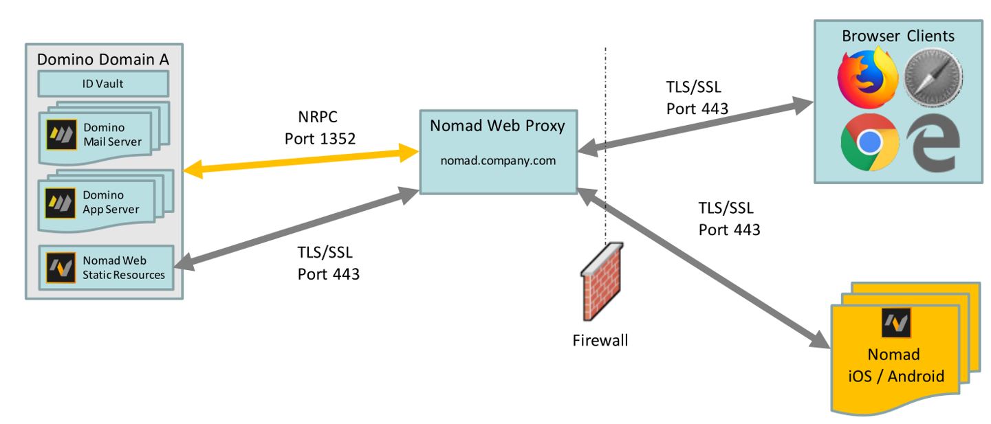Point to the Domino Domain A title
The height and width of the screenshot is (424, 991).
102,60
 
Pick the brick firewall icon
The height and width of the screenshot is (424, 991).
602,282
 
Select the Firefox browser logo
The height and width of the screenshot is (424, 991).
867,77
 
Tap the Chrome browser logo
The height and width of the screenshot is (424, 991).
869,142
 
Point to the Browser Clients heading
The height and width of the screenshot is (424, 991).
898,35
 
